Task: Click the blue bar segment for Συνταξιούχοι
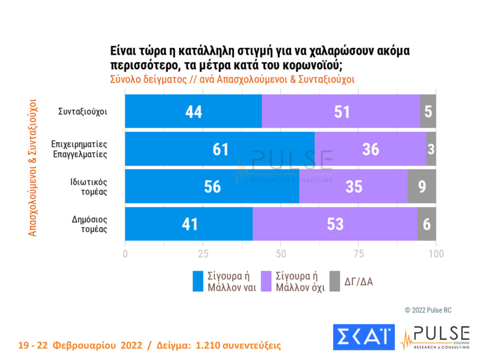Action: click(x=193, y=111)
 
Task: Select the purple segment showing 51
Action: click(x=341, y=111)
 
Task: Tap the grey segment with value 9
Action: click(x=421, y=187)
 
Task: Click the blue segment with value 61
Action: click(x=220, y=149)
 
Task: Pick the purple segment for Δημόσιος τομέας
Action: click(x=335, y=224)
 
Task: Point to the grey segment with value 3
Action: click(x=431, y=149)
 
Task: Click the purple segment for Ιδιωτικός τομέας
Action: click(x=353, y=187)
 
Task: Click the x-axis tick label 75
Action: click(x=358, y=254)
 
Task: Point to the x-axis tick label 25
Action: click(x=203, y=254)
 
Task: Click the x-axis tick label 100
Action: click(x=436, y=254)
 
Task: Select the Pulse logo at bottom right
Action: click(x=435, y=337)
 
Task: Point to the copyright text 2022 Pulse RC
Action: click(x=428, y=310)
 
